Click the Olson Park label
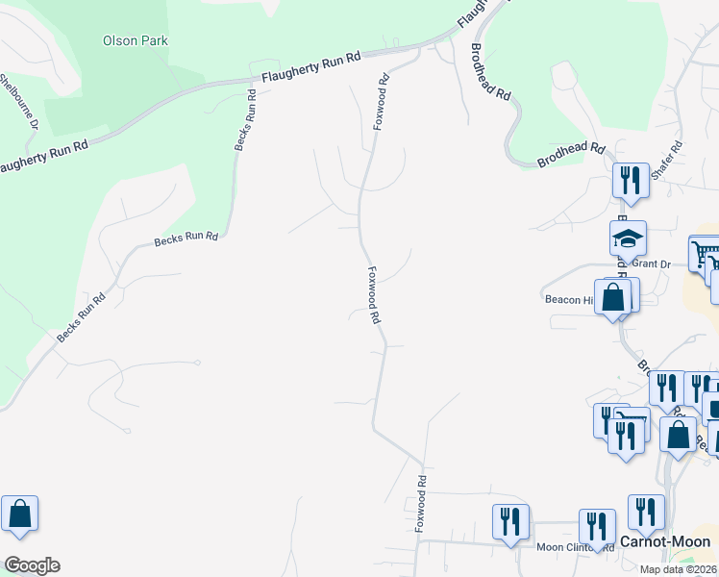click(x=136, y=40)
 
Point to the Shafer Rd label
click(x=666, y=161)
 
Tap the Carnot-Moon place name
click(x=665, y=542)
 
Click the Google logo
click(x=31, y=565)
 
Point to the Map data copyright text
click(x=678, y=569)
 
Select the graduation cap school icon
click(x=628, y=238)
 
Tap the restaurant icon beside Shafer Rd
click(x=631, y=180)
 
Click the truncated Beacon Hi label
click(x=569, y=299)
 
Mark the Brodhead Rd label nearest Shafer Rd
click(x=571, y=157)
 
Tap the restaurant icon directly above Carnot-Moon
click(x=646, y=513)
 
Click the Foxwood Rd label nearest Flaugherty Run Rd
click(x=382, y=103)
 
